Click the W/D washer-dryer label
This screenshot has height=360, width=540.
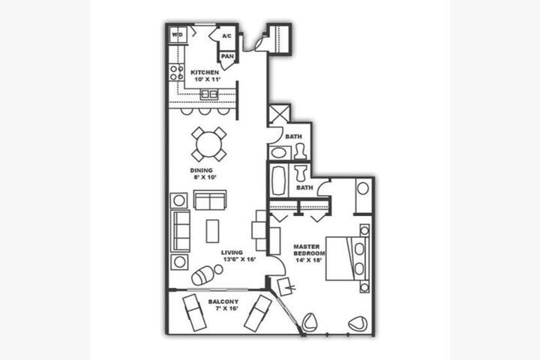177,34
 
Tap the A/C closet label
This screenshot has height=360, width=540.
226,36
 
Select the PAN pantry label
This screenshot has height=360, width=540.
227,56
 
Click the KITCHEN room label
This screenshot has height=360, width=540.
205,72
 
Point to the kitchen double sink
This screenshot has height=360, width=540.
209,94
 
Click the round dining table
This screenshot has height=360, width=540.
209,144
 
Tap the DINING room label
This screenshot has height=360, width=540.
202,170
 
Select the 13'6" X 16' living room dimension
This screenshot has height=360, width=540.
239,259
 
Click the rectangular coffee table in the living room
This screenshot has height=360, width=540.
212,231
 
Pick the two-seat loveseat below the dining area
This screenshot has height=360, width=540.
210,199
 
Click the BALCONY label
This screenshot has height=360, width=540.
223,301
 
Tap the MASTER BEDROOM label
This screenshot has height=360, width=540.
309,250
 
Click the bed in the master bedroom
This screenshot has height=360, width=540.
347,258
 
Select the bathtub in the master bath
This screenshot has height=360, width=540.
278,181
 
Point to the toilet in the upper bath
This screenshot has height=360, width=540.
301,151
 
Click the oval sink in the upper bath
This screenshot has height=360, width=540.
279,152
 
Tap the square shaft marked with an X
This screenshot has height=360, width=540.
279,114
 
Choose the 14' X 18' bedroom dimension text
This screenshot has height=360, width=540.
309,260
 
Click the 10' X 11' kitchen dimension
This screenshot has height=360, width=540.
207,79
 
